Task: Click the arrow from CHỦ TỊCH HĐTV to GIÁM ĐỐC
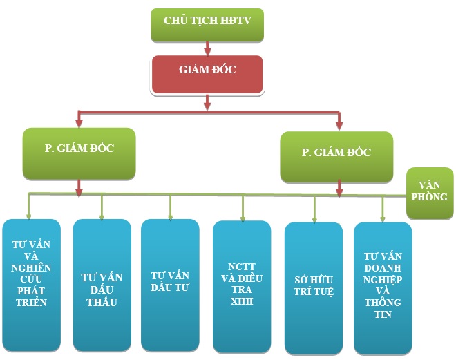click(x=207, y=48)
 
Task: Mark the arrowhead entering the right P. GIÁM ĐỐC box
click(x=339, y=125)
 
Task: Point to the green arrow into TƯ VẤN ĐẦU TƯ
click(x=170, y=210)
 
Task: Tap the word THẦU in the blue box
click(x=102, y=302)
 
